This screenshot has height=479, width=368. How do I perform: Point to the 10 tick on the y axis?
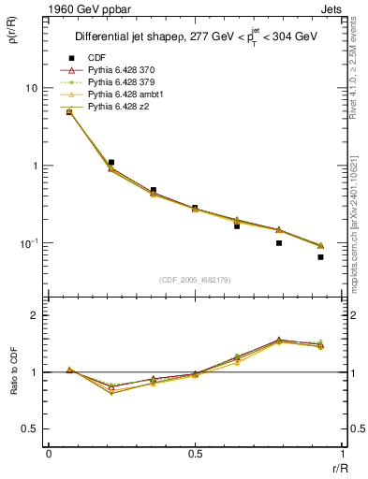pos(31,88)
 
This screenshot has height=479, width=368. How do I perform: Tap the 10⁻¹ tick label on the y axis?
pos(28,243)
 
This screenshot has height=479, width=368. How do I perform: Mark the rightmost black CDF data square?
pos(320,256)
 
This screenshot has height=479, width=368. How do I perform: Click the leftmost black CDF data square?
pos(69,112)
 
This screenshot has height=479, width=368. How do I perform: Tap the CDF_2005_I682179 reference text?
pos(196,279)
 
